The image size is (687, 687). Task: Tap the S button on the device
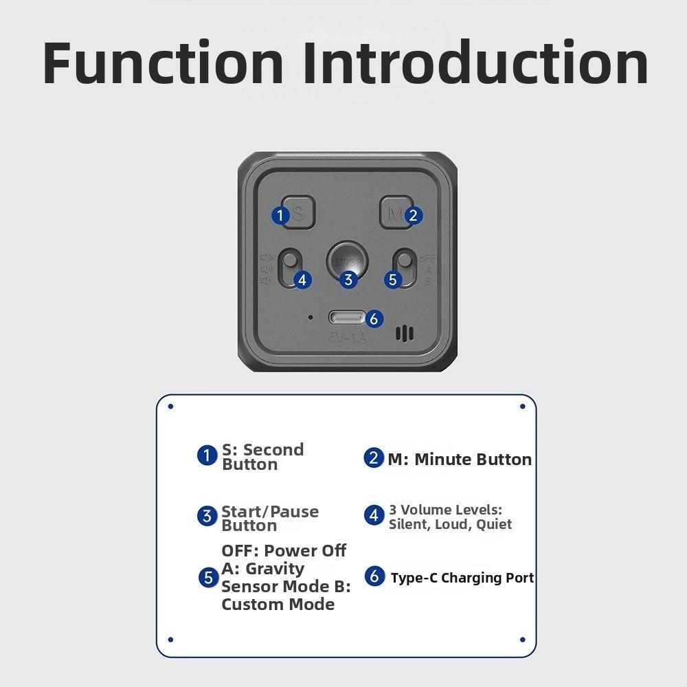point(297,213)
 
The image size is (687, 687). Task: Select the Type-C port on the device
point(347,318)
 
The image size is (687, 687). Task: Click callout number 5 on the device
point(393,280)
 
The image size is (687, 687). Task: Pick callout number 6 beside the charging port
point(373,319)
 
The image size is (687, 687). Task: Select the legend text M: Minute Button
point(459,460)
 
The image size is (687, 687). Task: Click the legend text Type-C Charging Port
point(462,578)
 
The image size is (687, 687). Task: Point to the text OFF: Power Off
point(284,551)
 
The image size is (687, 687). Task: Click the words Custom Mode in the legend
point(278,605)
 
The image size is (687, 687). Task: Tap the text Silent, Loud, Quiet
point(450,524)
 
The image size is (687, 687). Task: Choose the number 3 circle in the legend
point(207,516)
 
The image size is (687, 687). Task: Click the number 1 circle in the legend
point(207,455)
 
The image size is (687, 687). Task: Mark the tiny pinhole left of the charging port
point(311,317)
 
